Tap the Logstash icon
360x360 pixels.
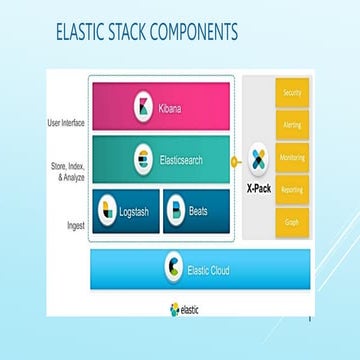pos(108,211)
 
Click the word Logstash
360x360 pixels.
pos(138,211)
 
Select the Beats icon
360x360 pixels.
pos(176,211)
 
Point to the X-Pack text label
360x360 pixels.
pos(259,185)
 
